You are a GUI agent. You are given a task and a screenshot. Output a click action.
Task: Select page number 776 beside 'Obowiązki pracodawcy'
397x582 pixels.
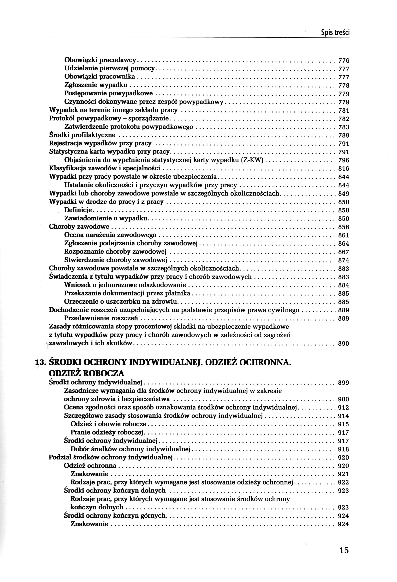344,61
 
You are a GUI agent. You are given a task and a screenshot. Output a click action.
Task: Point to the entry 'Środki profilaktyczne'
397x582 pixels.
82,135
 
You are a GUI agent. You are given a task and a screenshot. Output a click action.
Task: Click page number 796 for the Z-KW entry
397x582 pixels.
344,160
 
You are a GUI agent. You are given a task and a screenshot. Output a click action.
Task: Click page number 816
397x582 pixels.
344,169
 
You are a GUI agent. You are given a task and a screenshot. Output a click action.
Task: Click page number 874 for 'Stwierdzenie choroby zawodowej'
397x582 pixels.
344,260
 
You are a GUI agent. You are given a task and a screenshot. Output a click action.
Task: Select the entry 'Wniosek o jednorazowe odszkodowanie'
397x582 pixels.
125,285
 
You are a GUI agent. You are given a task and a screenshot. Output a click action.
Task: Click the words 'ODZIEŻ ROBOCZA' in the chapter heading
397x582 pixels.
87,373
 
